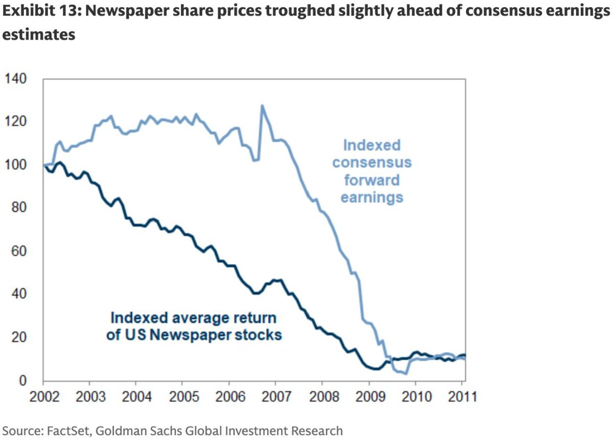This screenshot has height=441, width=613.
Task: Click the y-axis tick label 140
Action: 16,79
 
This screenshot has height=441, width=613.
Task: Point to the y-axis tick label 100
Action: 16,165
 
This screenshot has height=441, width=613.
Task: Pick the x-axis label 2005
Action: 182,397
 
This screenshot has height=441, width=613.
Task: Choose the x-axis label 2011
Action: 461,397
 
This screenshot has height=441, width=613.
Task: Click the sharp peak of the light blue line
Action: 262,106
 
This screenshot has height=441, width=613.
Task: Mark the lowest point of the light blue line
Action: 406,374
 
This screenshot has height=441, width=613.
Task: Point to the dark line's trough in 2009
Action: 375,369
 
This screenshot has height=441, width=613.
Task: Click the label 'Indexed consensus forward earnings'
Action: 372,171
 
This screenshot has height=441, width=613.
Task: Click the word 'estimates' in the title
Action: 39,35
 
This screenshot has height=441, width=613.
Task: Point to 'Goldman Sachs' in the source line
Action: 129,431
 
